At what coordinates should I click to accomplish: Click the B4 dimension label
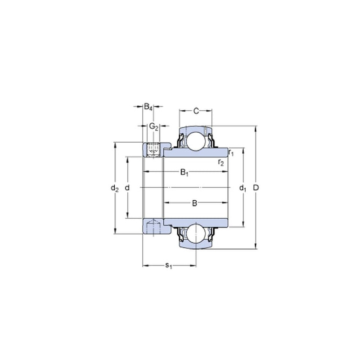[x=148, y=107]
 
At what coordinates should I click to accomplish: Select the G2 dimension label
[x=154, y=126]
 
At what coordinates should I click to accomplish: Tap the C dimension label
[x=196, y=111]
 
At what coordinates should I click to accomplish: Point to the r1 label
[x=231, y=153]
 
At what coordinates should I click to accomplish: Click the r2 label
[x=221, y=162]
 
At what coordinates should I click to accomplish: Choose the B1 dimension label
[x=184, y=172]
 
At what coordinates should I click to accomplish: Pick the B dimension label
[x=194, y=203]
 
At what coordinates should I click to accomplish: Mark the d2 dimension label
[x=115, y=188]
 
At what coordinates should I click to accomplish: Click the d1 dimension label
[x=243, y=188]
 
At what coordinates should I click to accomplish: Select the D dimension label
[x=256, y=188]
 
